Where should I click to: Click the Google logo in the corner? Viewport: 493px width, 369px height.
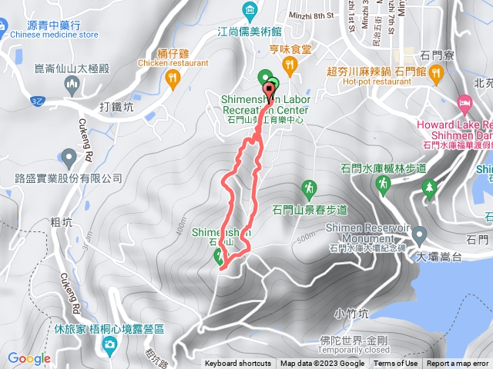[29, 358]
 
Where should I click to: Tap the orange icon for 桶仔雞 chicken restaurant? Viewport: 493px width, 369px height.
[173, 77]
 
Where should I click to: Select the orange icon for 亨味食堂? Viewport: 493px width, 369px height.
[290, 68]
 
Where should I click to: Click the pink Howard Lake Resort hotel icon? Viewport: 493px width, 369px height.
[464, 102]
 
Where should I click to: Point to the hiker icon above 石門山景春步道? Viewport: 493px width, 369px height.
[309, 188]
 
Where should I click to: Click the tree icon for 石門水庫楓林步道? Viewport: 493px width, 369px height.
[430, 187]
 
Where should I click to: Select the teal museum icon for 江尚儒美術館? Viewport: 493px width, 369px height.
[250, 10]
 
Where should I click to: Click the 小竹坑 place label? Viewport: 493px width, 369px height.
[353, 313]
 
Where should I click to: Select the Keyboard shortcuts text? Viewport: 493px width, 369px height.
[237, 364]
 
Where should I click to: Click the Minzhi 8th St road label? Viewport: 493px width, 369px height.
[310, 14]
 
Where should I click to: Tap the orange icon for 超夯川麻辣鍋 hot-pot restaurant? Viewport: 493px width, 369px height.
[436, 74]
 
